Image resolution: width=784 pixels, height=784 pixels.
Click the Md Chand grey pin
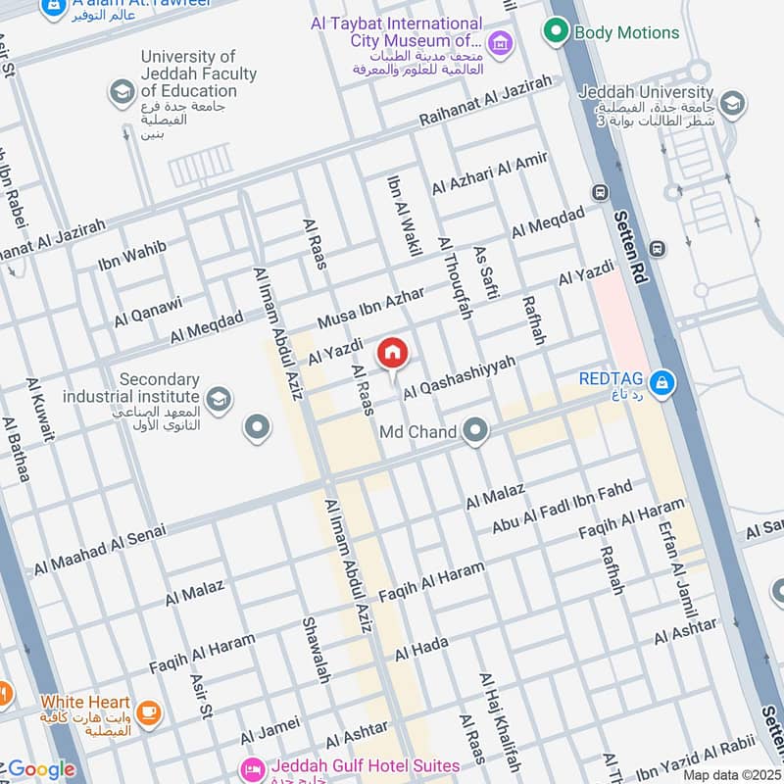[x=475, y=431]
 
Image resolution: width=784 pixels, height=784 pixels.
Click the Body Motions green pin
[x=557, y=32]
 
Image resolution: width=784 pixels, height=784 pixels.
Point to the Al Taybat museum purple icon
[x=501, y=42]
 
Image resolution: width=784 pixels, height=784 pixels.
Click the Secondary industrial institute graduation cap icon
[x=219, y=397]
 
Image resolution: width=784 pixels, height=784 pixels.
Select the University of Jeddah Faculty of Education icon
[x=122, y=92]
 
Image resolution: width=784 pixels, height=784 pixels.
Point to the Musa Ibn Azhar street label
[x=371, y=309]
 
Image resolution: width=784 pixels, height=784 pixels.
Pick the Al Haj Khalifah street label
[x=500, y=721]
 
